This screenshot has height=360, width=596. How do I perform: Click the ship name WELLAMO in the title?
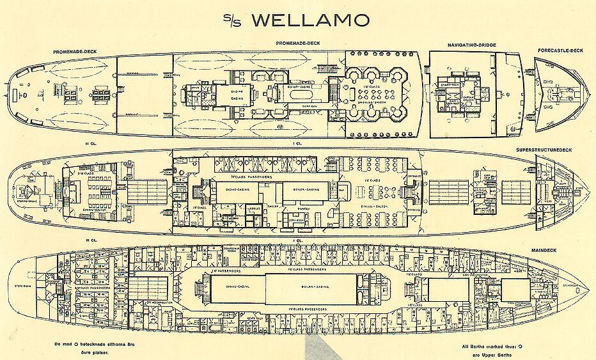click(x=311, y=20)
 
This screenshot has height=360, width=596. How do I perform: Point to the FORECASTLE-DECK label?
click(x=560, y=50)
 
